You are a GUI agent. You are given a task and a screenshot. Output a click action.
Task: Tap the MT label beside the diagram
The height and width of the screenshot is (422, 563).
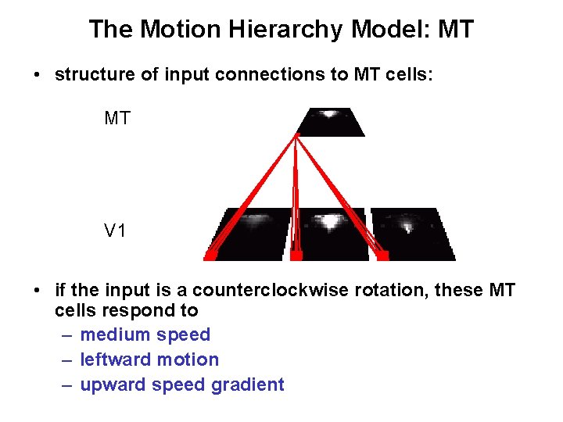coord(118,119)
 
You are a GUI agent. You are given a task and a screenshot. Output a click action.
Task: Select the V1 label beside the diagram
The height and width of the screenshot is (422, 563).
coord(117,231)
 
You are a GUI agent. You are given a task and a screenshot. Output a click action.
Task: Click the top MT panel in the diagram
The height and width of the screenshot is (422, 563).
coord(330,122)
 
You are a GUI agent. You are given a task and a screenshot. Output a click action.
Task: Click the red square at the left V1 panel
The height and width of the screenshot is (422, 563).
coord(210,254)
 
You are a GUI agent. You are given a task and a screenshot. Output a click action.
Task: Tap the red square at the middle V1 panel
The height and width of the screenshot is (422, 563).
coord(296,255)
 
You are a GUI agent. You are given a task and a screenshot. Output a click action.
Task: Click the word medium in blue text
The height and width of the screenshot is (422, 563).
coord(115,335)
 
